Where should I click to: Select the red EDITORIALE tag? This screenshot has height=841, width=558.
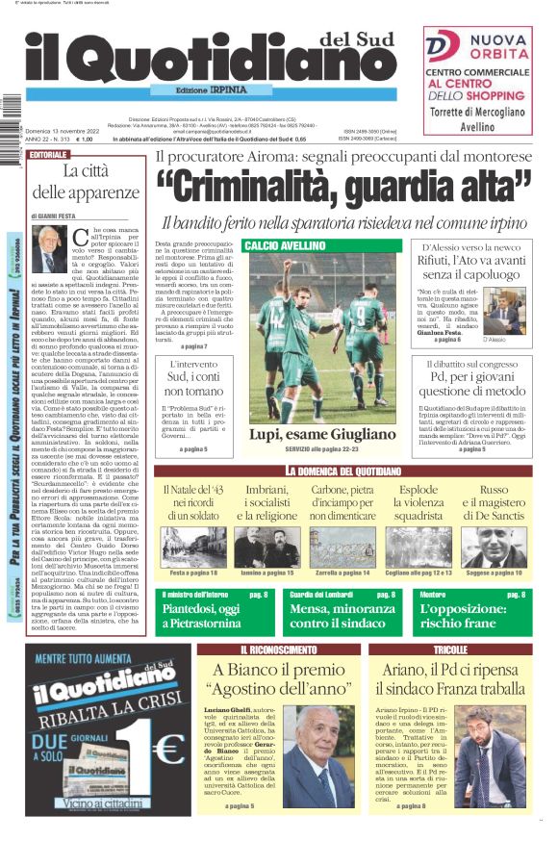click(49, 155)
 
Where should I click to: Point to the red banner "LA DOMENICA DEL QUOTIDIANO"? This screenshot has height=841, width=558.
click(342, 470)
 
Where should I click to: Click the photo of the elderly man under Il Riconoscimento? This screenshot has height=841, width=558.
click(318, 757)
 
